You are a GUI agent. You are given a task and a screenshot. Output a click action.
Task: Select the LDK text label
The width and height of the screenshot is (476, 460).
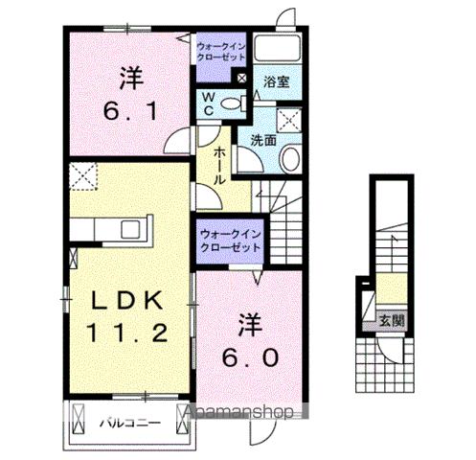tap(128, 301)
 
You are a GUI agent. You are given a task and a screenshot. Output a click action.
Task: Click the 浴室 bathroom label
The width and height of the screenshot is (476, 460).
tap(278, 83)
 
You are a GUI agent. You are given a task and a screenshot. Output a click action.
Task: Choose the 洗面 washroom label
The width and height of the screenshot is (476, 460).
tap(264, 139)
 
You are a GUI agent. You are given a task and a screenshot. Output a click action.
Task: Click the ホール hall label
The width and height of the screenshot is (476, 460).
tap(219, 165)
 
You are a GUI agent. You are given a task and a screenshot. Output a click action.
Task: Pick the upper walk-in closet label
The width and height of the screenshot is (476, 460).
tap(221, 51)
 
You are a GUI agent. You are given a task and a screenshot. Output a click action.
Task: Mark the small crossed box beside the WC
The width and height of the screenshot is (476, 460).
tap(240, 78)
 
